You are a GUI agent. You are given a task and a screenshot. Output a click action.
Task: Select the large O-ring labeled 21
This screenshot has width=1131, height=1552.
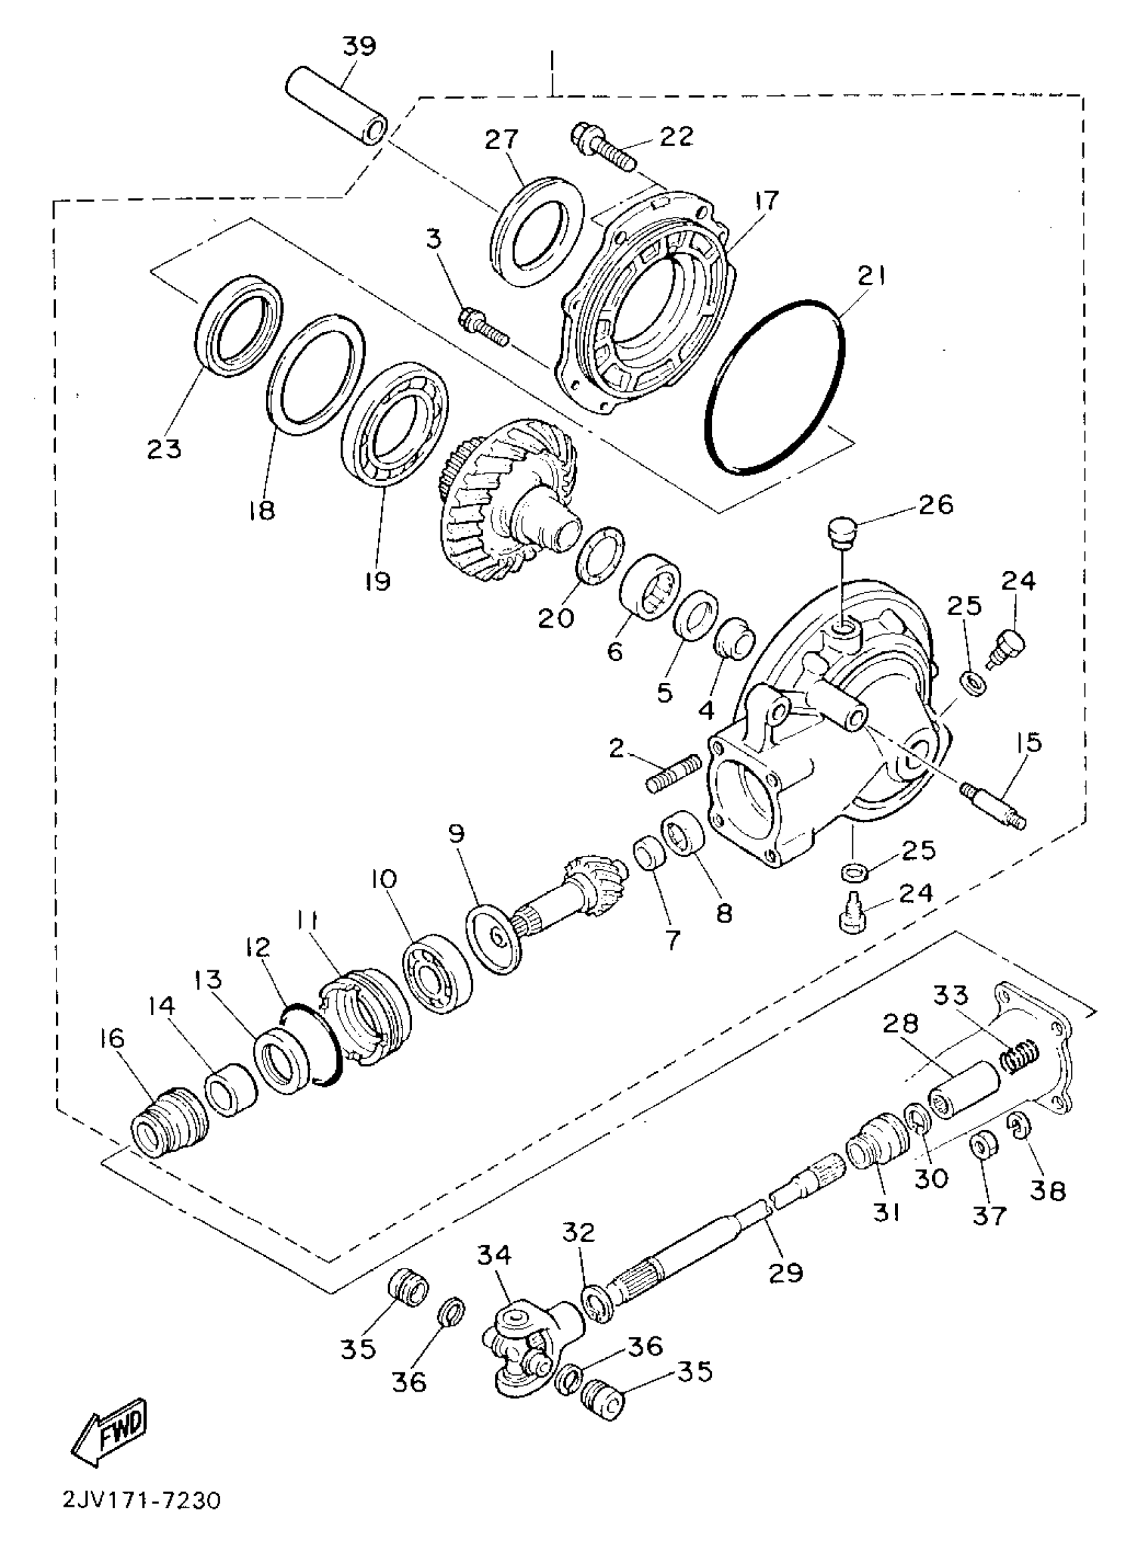tap(774, 386)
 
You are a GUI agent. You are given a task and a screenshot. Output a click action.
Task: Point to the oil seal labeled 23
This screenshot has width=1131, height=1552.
tap(240, 325)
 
